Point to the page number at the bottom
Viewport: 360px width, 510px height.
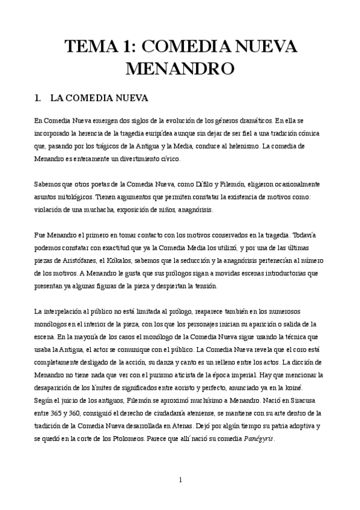point(180,479)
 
